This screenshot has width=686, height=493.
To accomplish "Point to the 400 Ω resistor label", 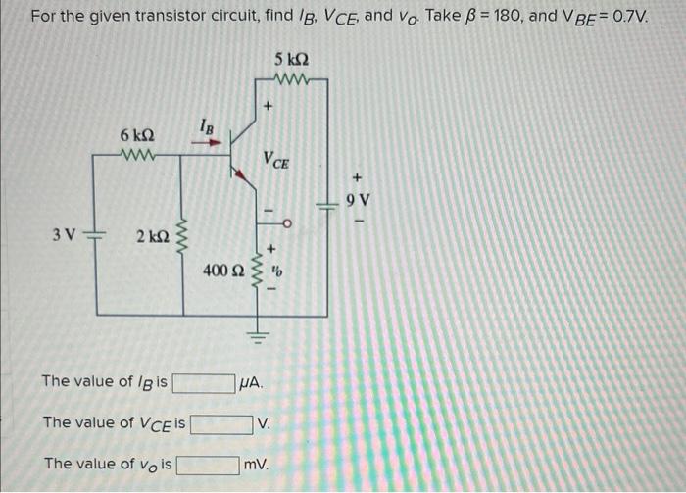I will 222,269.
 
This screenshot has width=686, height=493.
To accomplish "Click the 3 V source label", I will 65,234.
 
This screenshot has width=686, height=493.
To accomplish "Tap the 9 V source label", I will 359,200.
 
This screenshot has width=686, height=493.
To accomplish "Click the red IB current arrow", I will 204,140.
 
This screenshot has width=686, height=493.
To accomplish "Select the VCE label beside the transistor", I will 275,160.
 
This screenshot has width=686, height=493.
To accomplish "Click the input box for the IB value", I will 204,381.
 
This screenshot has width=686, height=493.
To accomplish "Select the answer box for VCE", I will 221,423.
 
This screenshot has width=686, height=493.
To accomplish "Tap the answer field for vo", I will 208,464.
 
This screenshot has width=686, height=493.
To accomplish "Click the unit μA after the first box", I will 252,381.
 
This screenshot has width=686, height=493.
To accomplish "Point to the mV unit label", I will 257,464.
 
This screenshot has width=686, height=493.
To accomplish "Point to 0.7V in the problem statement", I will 630,18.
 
